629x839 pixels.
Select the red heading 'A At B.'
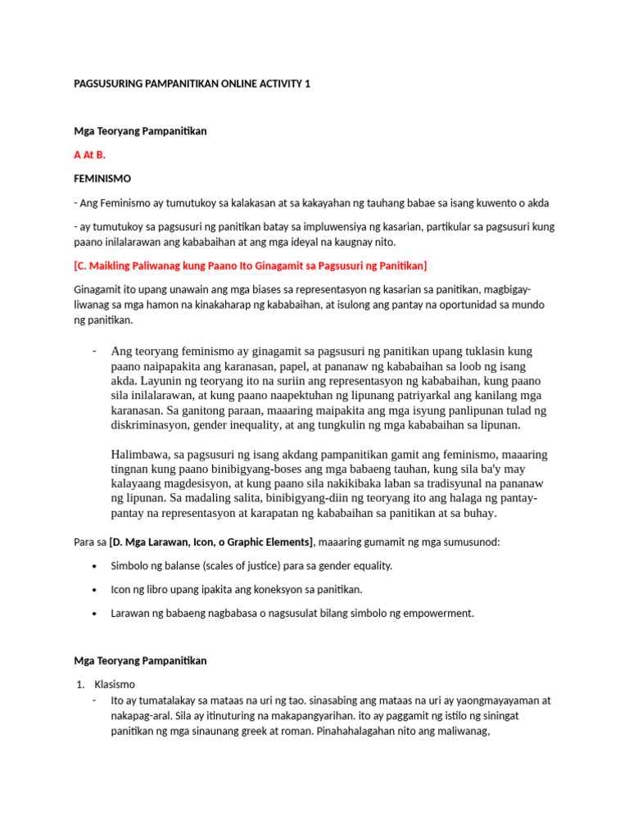pyautogui.click(x=89, y=154)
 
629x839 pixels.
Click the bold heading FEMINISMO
pyautogui.click(x=102, y=178)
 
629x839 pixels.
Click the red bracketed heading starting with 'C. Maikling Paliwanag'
pyautogui.click(x=250, y=265)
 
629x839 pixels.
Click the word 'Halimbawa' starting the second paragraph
pyautogui.click(x=140, y=455)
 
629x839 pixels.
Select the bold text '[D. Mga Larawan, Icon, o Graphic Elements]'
pyautogui.click(x=210, y=542)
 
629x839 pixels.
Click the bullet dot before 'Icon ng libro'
pyautogui.click(x=96, y=589)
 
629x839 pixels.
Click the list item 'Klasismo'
pyautogui.click(x=115, y=684)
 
